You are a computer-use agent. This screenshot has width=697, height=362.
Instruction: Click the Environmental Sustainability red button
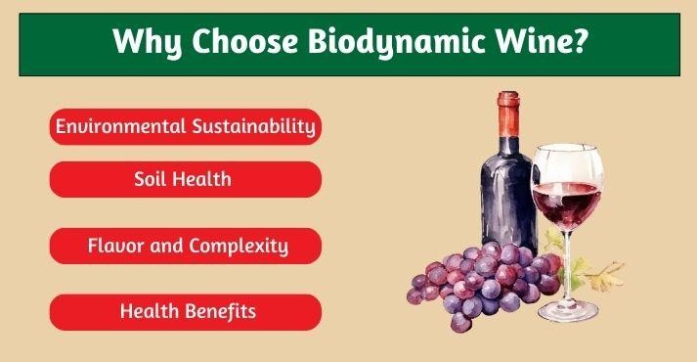tap(185, 126)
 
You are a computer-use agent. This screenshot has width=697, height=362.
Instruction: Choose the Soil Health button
tap(185, 179)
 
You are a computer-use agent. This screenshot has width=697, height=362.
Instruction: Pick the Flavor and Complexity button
tap(185, 246)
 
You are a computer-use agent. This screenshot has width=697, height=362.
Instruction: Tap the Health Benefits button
tap(185, 312)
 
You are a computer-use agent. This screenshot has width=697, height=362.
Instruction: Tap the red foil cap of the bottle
tap(506, 113)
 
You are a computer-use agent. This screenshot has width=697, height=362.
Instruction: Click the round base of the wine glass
tap(569, 313)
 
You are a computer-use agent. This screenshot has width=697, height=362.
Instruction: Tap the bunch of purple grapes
tap(479, 279)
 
